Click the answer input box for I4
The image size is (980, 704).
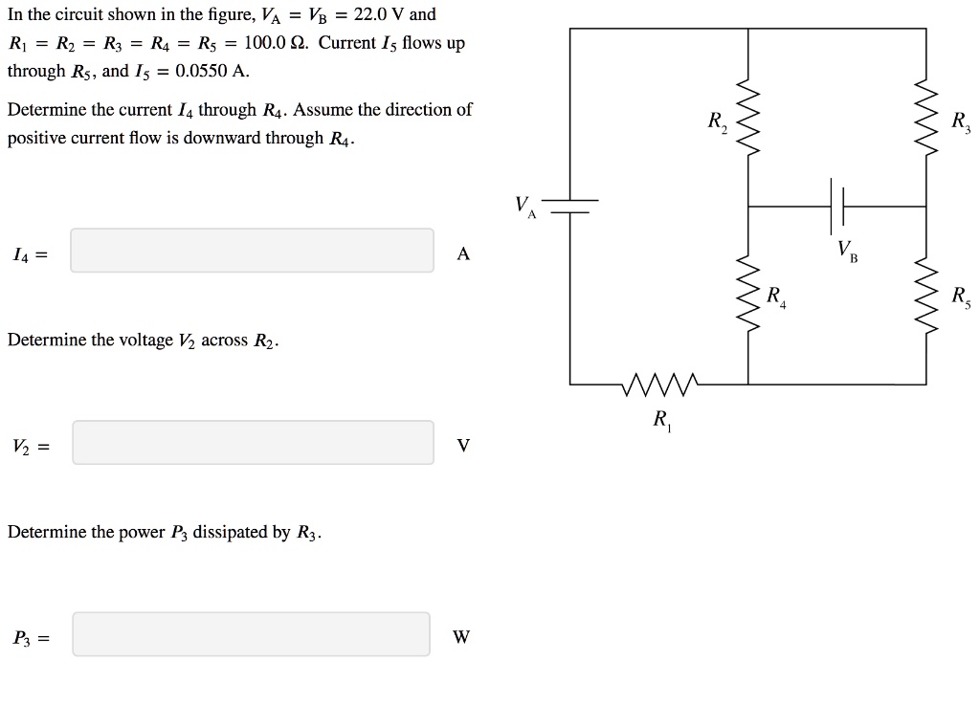[252, 251]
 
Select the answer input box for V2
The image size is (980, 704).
[252, 443]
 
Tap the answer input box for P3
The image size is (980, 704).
[252, 634]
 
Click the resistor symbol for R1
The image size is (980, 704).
[660, 385]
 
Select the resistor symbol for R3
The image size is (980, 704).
[925, 120]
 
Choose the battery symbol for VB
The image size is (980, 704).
[837, 206]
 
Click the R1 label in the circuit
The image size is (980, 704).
[661, 420]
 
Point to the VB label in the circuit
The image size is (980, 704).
[848, 252]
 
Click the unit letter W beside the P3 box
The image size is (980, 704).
[461, 637]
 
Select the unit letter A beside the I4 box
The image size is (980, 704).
[463, 253]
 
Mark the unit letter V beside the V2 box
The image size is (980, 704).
[463, 446]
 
